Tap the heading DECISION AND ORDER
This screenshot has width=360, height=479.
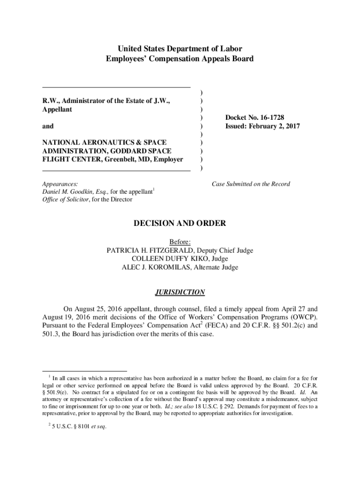click(180, 224)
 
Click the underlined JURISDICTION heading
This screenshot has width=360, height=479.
click(180, 292)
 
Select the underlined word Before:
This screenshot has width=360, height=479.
click(180, 242)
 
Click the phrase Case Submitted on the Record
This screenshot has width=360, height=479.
click(251, 184)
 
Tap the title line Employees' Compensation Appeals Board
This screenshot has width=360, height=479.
click(180, 59)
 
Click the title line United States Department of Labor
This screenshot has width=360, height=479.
click(180, 49)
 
